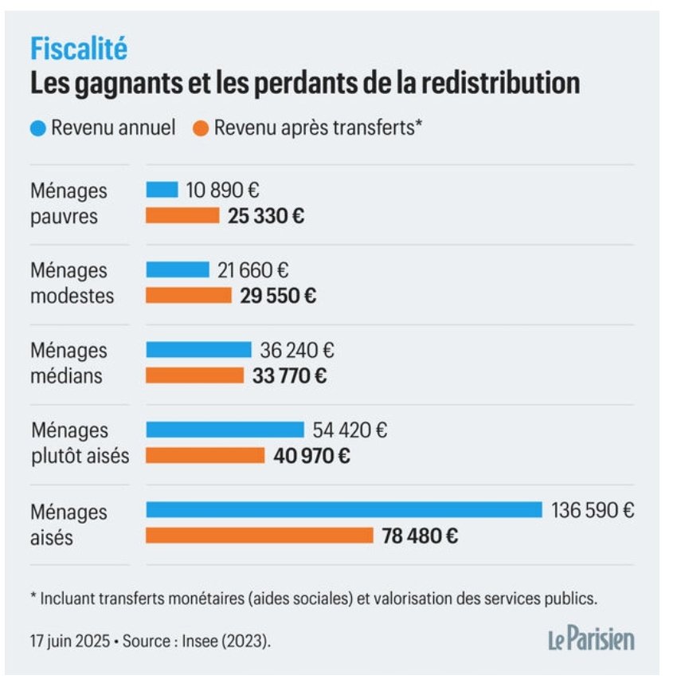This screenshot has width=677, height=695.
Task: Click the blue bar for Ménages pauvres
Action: click(x=162, y=190)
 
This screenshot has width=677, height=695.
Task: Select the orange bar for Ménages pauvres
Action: click(x=182, y=215)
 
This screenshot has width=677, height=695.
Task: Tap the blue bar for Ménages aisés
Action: click(x=343, y=509)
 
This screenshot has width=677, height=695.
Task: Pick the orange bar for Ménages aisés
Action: click(x=259, y=536)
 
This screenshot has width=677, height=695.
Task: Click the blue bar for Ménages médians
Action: click(x=198, y=350)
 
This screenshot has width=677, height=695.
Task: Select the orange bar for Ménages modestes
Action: click(x=188, y=296)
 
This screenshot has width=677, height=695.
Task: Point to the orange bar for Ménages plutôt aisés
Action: click(x=205, y=456)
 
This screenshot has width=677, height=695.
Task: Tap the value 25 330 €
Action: click(x=265, y=216)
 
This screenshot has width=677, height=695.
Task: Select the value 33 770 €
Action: click(x=289, y=376)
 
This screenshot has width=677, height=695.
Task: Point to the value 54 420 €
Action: click(x=350, y=430)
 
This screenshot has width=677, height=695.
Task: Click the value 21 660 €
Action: click(x=252, y=270)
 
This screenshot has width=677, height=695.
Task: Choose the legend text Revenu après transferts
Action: click(x=317, y=128)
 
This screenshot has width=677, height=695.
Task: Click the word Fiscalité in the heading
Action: click(x=79, y=49)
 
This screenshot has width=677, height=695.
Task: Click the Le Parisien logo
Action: click(x=590, y=639)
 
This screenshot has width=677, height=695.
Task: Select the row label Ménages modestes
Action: click(x=72, y=283)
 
